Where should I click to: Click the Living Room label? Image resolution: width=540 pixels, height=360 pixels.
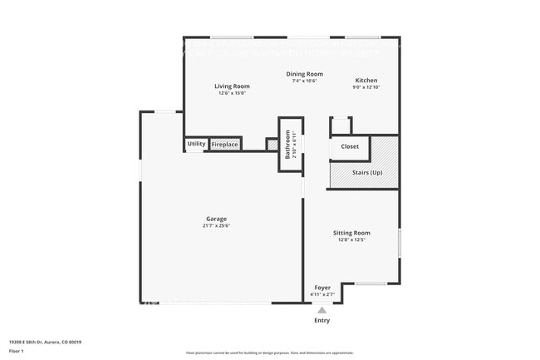[232, 86]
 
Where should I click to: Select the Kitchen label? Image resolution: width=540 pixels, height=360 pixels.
[366, 81]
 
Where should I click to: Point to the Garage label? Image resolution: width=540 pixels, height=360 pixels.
[215, 219]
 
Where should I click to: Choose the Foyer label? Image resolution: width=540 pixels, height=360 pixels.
[322, 288]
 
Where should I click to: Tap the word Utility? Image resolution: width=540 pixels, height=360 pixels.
[196, 144]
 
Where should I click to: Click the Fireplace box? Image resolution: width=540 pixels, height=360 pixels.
[225, 145]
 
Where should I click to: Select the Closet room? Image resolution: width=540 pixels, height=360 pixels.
[350, 146]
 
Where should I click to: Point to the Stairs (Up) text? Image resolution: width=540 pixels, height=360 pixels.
[367, 173]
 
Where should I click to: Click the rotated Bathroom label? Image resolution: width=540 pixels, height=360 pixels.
[288, 145]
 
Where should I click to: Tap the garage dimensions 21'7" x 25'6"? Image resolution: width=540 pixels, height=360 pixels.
[215, 226]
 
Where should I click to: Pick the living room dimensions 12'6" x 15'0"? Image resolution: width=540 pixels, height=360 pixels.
[232, 93]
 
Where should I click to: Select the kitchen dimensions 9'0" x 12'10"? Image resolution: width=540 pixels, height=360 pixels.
[366, 87]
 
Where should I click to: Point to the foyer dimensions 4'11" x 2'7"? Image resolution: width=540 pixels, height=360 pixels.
[322, 294]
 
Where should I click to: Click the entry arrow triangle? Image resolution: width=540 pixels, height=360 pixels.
[322, 310]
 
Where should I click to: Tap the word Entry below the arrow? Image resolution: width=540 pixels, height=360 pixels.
[322, 320]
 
